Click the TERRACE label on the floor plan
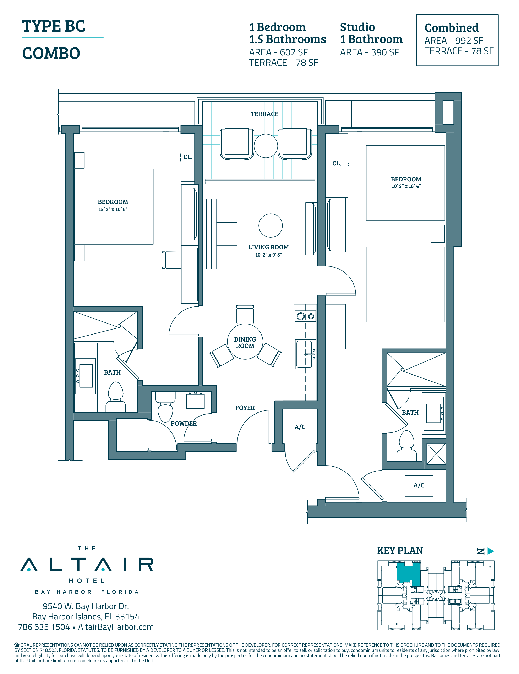(x=264, y=114)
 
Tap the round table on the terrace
(x=266, y=146)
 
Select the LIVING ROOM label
(x=268, y=247)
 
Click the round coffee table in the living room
(x=271, y=226)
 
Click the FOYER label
(x=245, y=408)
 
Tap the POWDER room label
(x=184, y=423)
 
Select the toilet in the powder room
(x=165, y=407)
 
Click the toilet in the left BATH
(x=116, y=397)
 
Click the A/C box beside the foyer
(x=300, y=427)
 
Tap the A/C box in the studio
(x=419, y=485)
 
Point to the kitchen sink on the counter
(x=305, y=354)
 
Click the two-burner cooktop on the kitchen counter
(x=305, y=316)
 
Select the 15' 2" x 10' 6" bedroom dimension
(x=113, y=209)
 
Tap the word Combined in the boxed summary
(x=452, y=28)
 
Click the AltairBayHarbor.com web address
(x=116, y=627)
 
